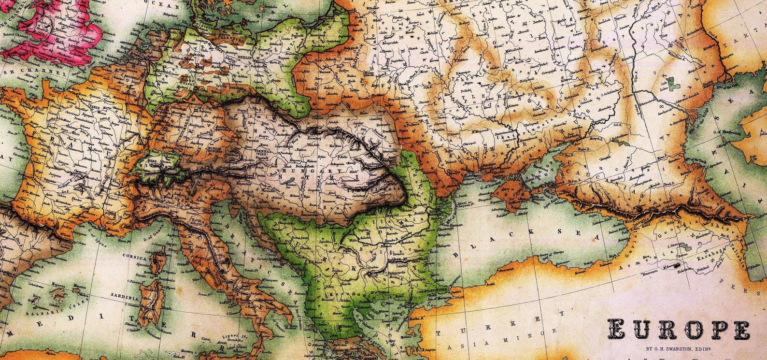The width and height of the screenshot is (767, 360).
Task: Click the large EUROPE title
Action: click(x=679, y=331)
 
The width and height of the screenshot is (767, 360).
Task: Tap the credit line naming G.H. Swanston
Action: click(x=679, y=349)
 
